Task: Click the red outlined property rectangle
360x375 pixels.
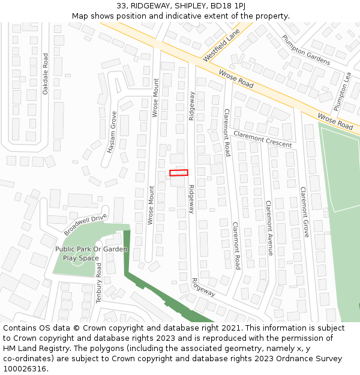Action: point(178,173)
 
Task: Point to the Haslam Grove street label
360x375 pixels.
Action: point(112,132)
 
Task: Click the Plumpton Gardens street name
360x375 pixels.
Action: point(306,49)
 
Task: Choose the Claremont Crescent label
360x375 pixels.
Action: point(262,139)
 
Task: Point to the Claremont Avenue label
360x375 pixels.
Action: point(269,227)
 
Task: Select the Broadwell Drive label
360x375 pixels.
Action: point(85,224)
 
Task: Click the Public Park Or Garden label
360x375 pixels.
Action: point(91,249)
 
